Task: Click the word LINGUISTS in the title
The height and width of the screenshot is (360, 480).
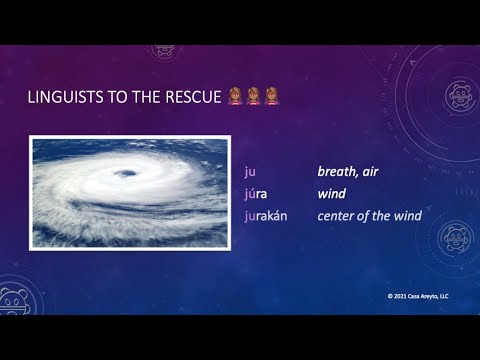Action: (69, 98)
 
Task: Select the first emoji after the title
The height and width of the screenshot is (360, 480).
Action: (235, 97)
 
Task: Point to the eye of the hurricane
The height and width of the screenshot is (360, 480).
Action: (127, 175)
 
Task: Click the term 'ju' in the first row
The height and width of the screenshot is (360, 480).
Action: (249, 171)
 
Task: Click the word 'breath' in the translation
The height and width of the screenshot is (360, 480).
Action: (338, 171)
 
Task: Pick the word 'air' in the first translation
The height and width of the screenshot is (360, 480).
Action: (371, 171)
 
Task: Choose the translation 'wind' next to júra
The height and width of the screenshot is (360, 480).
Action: (331, 193)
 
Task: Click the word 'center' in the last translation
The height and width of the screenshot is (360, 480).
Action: (338, 215)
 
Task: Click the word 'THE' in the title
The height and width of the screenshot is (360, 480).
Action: (152, 98)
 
